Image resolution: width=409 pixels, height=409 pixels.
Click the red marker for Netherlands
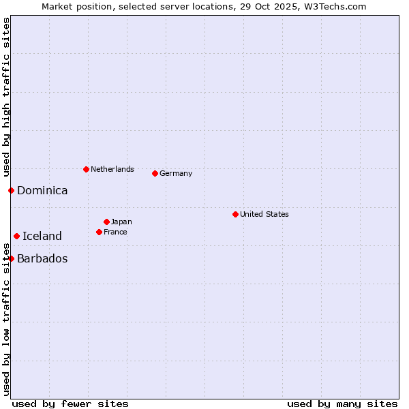click(86, 169)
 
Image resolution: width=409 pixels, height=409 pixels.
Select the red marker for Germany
click(155, 173)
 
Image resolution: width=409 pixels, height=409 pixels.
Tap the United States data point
click(235, 214)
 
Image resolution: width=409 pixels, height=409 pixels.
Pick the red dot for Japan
click(106, 222)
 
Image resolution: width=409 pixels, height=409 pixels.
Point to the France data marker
click(99, 232)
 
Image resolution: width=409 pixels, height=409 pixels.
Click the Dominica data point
click(11, 190)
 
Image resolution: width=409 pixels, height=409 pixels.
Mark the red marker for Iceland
click(16, 236)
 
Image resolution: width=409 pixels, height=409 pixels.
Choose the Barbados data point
click(11, 258)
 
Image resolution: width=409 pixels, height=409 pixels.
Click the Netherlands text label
click(112, 169)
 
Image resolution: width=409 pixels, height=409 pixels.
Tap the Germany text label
click(176, 173)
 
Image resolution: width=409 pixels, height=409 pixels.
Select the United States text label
click(264, 214)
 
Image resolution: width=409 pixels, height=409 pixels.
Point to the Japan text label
click(121, 222)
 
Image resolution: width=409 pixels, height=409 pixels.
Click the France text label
click(115, 232)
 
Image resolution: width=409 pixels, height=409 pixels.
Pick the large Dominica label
click(42, 191)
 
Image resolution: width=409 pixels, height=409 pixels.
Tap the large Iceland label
click(42, 237)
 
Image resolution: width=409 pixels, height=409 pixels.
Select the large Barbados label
click(42, 259)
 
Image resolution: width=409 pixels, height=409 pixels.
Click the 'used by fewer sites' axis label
click(70, 404)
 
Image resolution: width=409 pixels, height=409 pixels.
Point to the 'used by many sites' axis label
click(342, 404)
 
